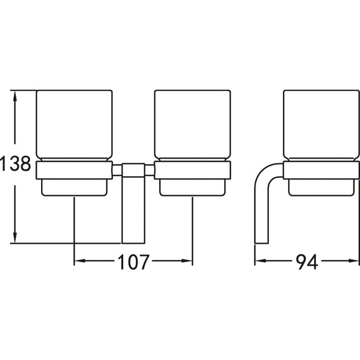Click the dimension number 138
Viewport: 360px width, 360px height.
point(15,164)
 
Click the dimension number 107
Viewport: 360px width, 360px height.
point(133,261)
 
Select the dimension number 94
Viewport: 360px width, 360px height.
point(307,261)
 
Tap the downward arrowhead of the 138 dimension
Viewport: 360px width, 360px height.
point(15,237)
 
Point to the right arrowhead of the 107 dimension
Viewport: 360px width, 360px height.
point(187,261)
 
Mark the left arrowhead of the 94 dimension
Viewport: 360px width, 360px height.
point(261,261)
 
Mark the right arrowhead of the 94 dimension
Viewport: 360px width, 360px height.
point(354,261)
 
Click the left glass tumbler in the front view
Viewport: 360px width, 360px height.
point(75,126)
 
